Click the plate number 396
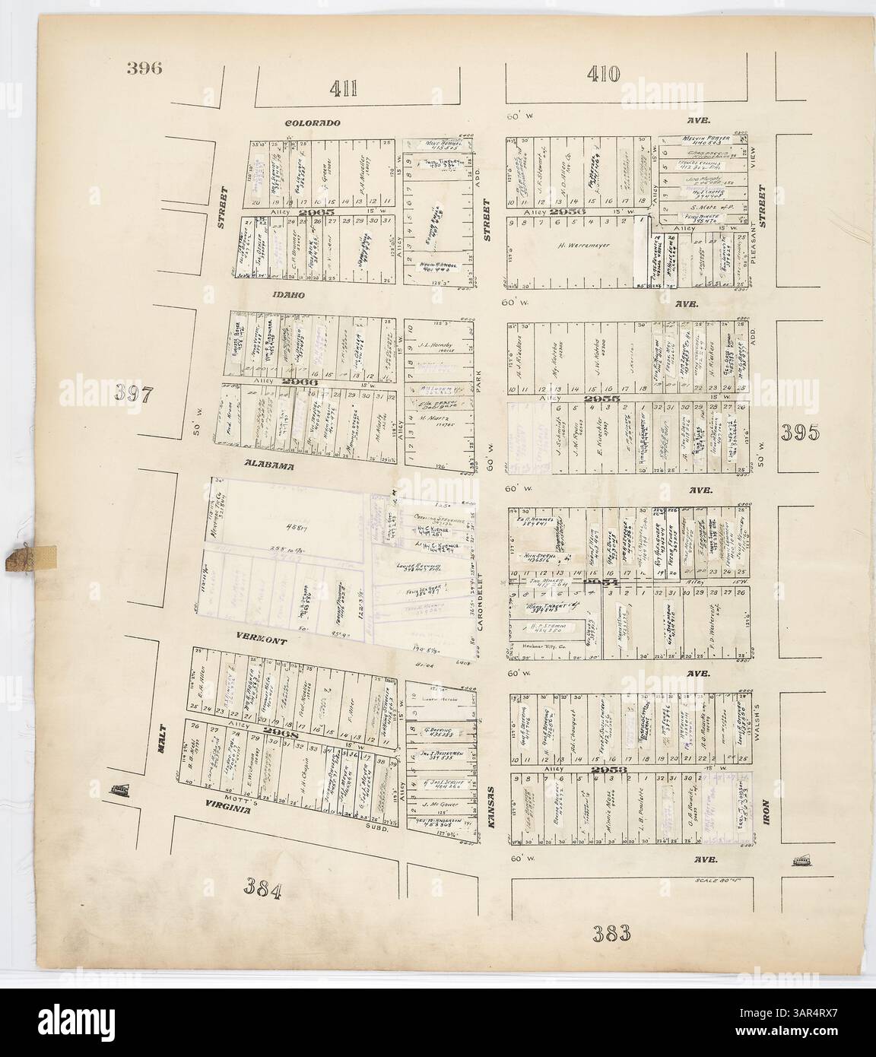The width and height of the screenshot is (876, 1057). click(x=145, y=67)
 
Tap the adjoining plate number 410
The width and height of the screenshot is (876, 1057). click(x=604, y=74)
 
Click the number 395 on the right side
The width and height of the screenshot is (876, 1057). click(x=804, y=432)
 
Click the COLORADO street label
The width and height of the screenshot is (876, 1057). click(x=313, y=123)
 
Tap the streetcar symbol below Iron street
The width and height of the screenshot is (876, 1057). click(x=800, y=860)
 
